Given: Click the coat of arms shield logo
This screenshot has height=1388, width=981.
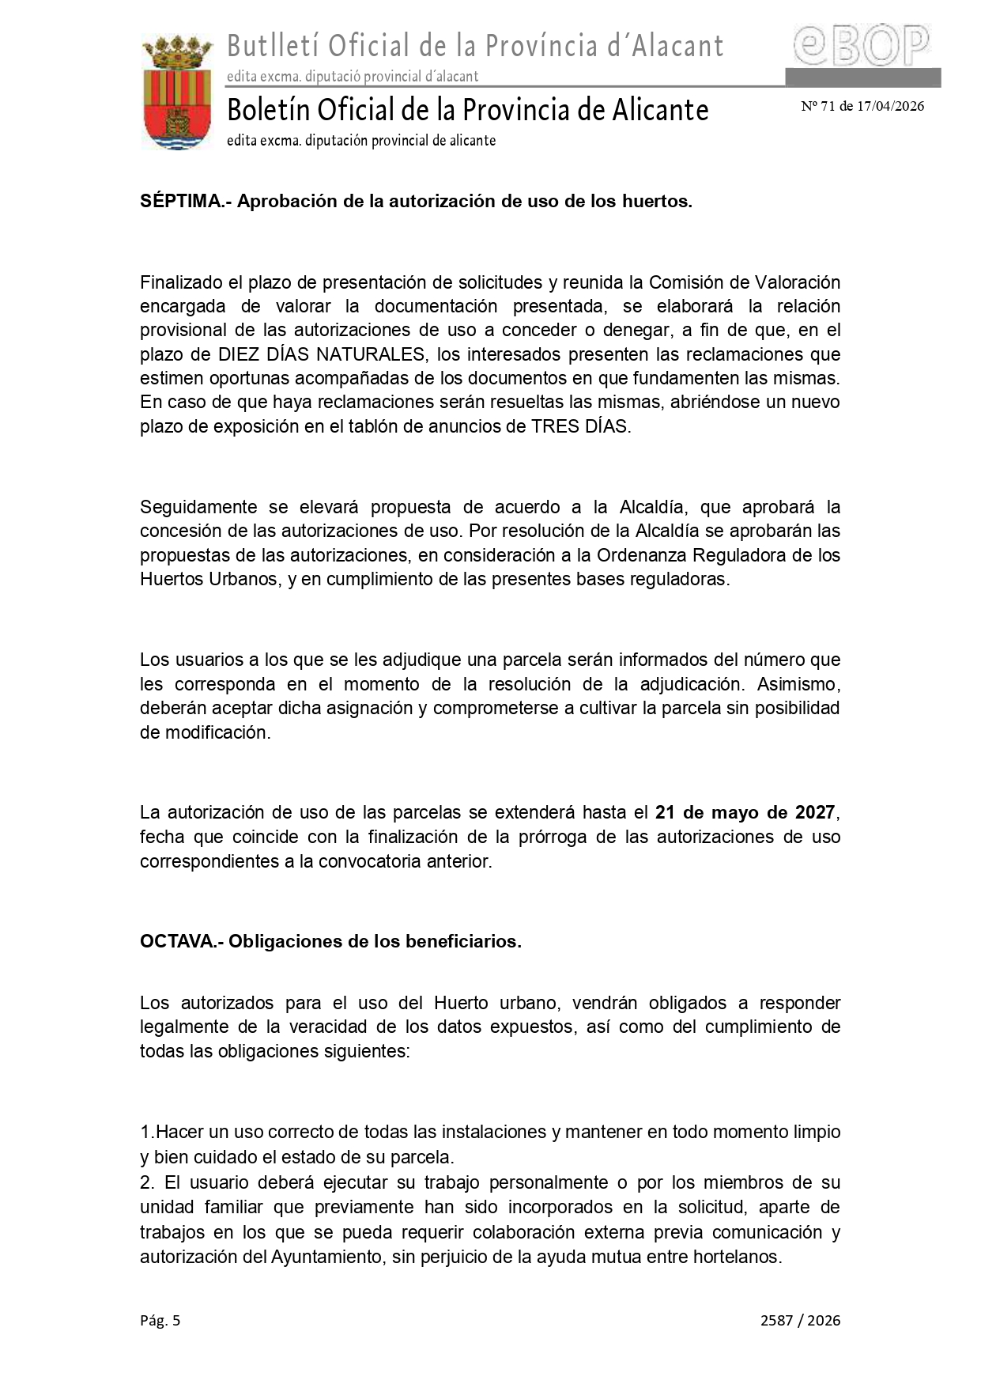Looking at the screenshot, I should pyautogui.click(x=177, y=92).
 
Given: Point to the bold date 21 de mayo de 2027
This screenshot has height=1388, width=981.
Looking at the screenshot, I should pyautogui.click(x=745, y=812).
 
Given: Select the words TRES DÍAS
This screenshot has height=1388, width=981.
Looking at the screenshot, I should pyautogui.click(x=580, y=426).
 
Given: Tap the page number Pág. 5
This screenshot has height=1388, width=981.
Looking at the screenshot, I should pyautogui.click(x=160, y=1320).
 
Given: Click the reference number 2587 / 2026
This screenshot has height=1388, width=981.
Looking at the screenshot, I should pyautogui.click(x=800, y=1320).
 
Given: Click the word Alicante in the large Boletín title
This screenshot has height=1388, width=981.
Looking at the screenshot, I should pyautogui.click(x=657, y=110).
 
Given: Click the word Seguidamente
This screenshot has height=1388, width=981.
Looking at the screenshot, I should pyautogui.click(x=198, y=507).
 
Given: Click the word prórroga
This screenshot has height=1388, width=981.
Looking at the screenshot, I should pyautogui.click(x=552, y=837).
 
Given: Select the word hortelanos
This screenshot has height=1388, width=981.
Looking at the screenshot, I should pyautogui.click(x=737, y=1257).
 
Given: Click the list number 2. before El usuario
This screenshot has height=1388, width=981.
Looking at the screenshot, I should pyautogui.click(x=146, y=1183).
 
